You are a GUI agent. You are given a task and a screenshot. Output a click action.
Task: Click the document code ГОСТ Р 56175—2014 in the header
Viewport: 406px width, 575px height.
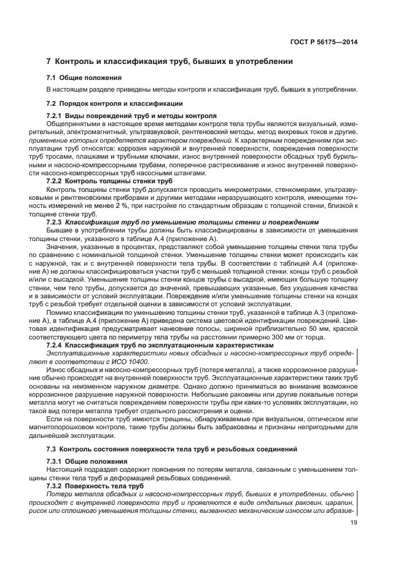326,42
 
